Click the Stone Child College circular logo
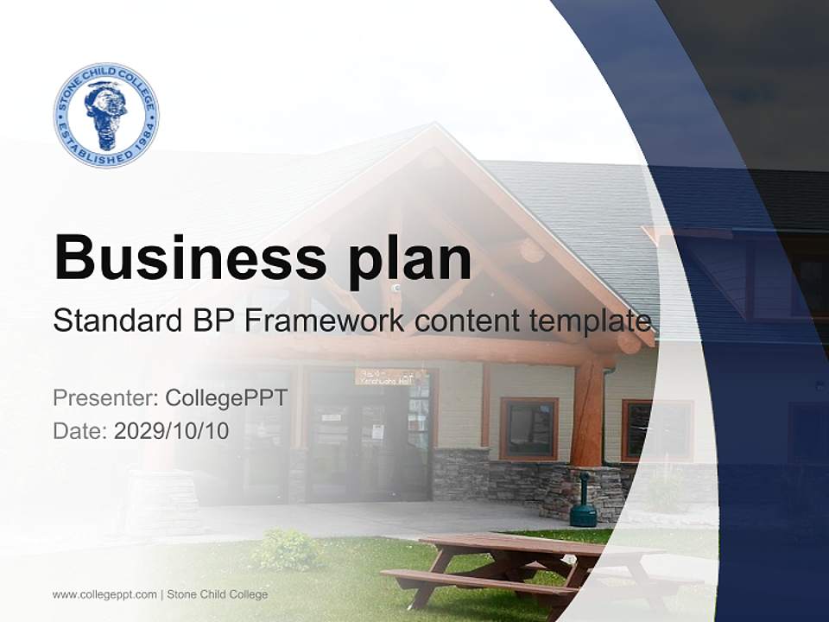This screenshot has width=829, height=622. click(106, 115)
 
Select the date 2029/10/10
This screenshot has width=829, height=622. click(172, 431)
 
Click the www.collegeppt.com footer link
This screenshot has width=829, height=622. click(104, 594)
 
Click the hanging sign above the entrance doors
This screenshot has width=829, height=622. click(385, 376)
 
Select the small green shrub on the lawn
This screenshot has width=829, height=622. click(286, 549)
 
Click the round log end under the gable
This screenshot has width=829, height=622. click(532, 251)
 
